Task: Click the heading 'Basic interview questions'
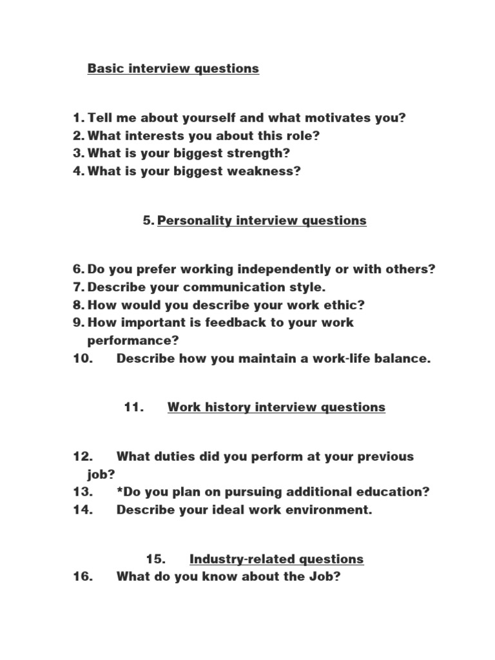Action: point(173,68)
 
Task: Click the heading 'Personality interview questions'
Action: point(262,220)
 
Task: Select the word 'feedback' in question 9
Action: point(229,322)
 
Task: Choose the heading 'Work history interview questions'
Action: point(277,407)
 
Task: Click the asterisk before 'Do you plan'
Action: point(120,491)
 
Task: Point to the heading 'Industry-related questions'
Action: point(277,559)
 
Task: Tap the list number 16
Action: point(84,577)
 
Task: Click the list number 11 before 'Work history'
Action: point(133,407)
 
